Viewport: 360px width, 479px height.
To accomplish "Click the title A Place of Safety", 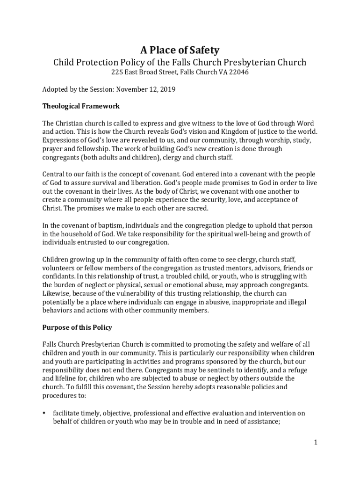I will pyautogui.click(x=180, y=50).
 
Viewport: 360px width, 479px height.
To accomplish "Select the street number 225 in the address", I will pyautogui.click(x=116, y=73).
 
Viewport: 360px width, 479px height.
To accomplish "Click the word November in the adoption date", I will pyautogui.click(x=132, y=89).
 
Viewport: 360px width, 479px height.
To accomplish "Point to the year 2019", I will pyautogui.click(x=167, y=89).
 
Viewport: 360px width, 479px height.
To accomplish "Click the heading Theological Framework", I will pyautogui.click(x=81, y=106).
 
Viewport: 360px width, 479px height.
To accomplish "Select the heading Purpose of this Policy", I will pyautogui.click(x=77, y=327).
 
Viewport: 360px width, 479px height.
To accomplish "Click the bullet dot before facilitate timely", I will pyautogui.click(x=44, y=413).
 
